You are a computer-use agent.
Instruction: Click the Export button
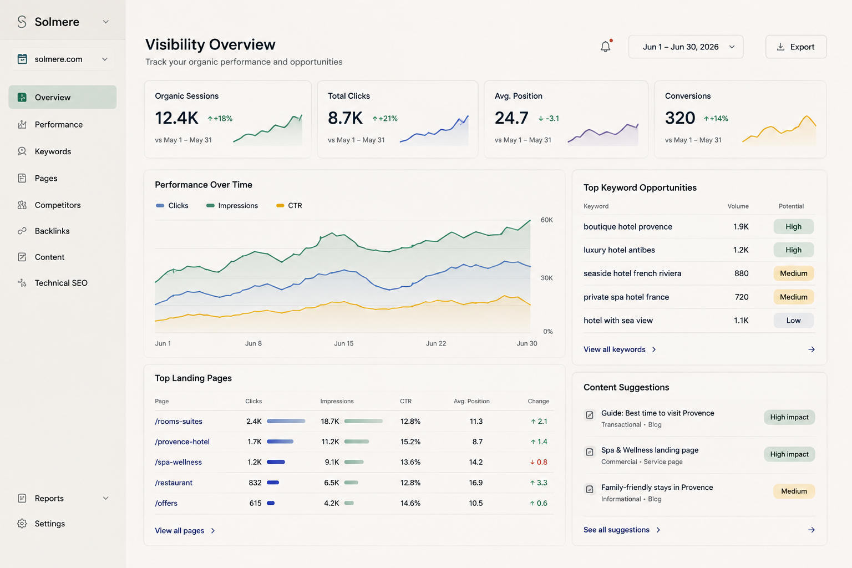pyautogui.click(x=796, y=47)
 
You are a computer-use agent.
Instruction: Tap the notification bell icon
pyautogui.click(x=606, y=47)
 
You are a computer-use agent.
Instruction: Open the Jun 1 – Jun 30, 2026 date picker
pyautogui.click(x=686, y=47)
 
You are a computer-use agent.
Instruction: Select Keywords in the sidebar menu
pyautogui.click(x=53, y=151)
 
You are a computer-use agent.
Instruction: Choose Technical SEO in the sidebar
pyautogui.click(x=61, y=283)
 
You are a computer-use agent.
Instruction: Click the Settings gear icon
pyautogui.click(x=22, y=524)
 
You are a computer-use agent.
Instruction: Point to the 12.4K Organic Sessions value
pyautogui.click(x=176, y=118)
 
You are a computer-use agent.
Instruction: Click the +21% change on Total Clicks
pyautogui.click(x=384, y=118)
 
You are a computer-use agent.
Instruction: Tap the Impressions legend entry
pyautogui.click(x=232, y=205)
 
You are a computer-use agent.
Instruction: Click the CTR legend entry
pyautogui.click(x=289, y=205)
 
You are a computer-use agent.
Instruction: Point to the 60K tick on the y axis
pyautogui.click(x=546, y=220)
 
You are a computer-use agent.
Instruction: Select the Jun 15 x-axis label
pyautogui.click(x=343, y=343)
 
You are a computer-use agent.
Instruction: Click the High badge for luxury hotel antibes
pyautogui.click(x=793, y=250)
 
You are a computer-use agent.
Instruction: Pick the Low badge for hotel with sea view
pyautogui.click(x=793, y=321)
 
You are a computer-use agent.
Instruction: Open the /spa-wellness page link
pyautogui.click(x=179, y=462)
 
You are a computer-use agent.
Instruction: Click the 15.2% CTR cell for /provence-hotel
pyautogui.click(x=410, y=442)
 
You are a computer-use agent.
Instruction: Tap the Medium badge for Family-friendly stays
pyautogui.click(x=794, y=491)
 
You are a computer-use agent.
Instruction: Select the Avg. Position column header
pyautogui.click(x=471, y=401)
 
